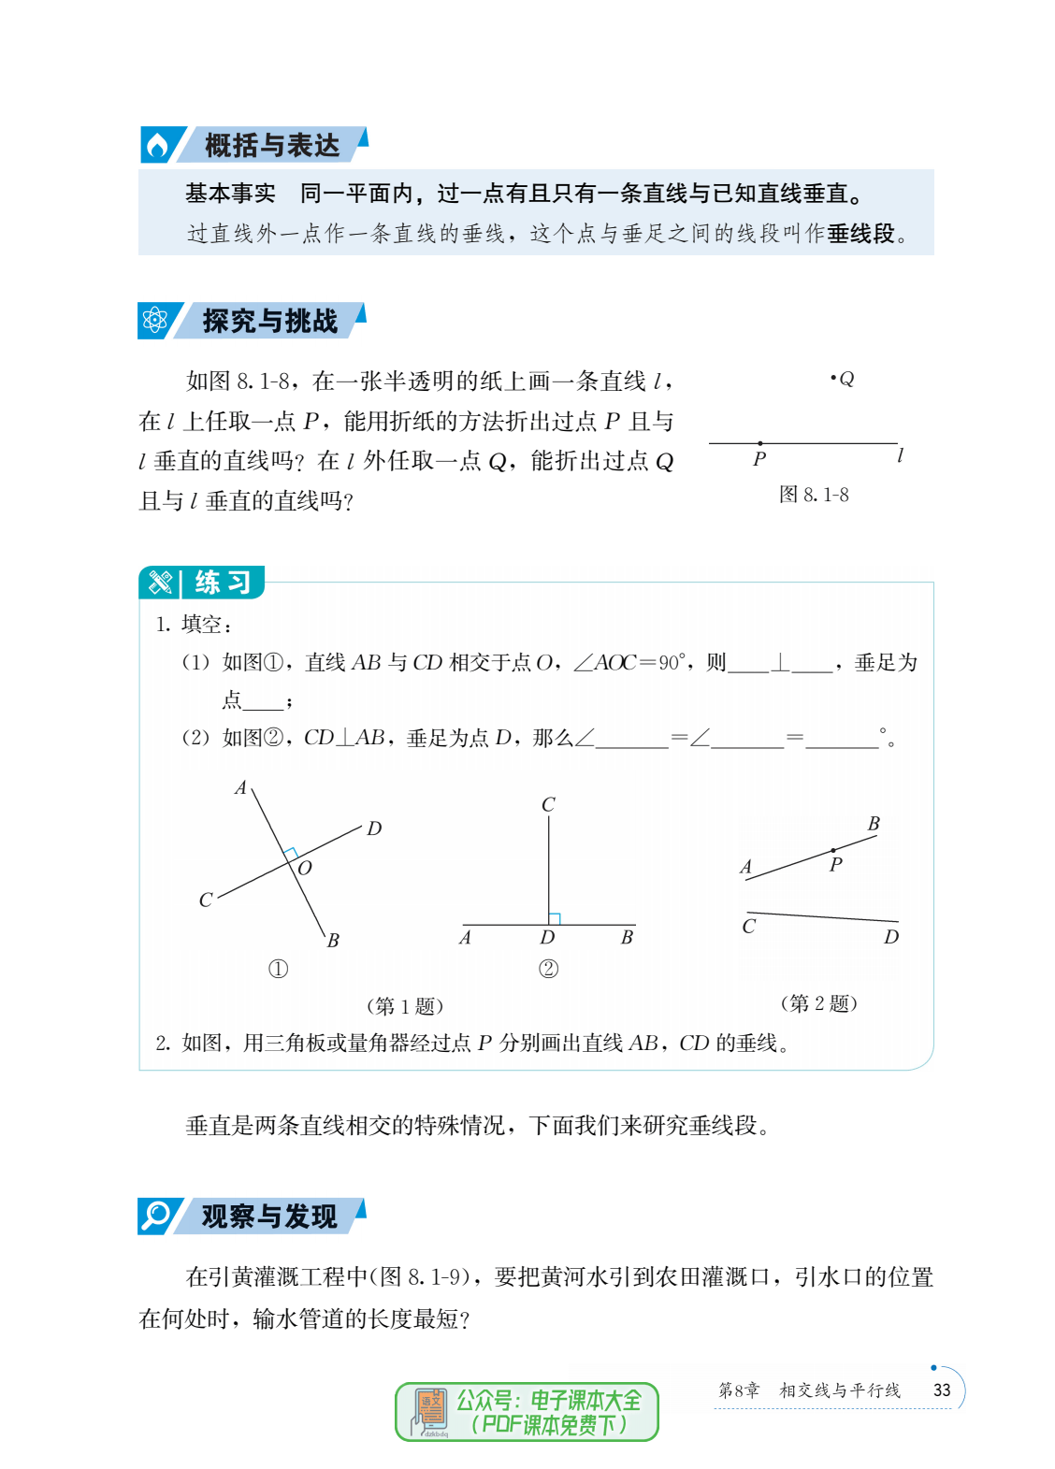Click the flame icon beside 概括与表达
(157, 146)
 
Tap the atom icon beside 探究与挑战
(154, 321)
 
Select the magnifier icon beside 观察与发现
(154, 1216)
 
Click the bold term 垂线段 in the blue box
(860, 234)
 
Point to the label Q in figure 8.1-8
(846, 379)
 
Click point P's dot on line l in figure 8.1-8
(759, 443)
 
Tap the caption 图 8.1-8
(814, 495)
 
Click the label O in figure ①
(305, 868)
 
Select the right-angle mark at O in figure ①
(291, 854)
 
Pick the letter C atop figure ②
(548, 804)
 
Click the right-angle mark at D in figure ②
(555, 919)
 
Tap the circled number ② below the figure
(548, 969)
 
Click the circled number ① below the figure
(278, 969)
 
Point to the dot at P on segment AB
(832, 851)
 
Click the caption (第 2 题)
(818, 1003)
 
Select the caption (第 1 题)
(404, 1006)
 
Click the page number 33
(942, 1390)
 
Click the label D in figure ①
(374, 828)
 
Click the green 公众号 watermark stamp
(527, 1411)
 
